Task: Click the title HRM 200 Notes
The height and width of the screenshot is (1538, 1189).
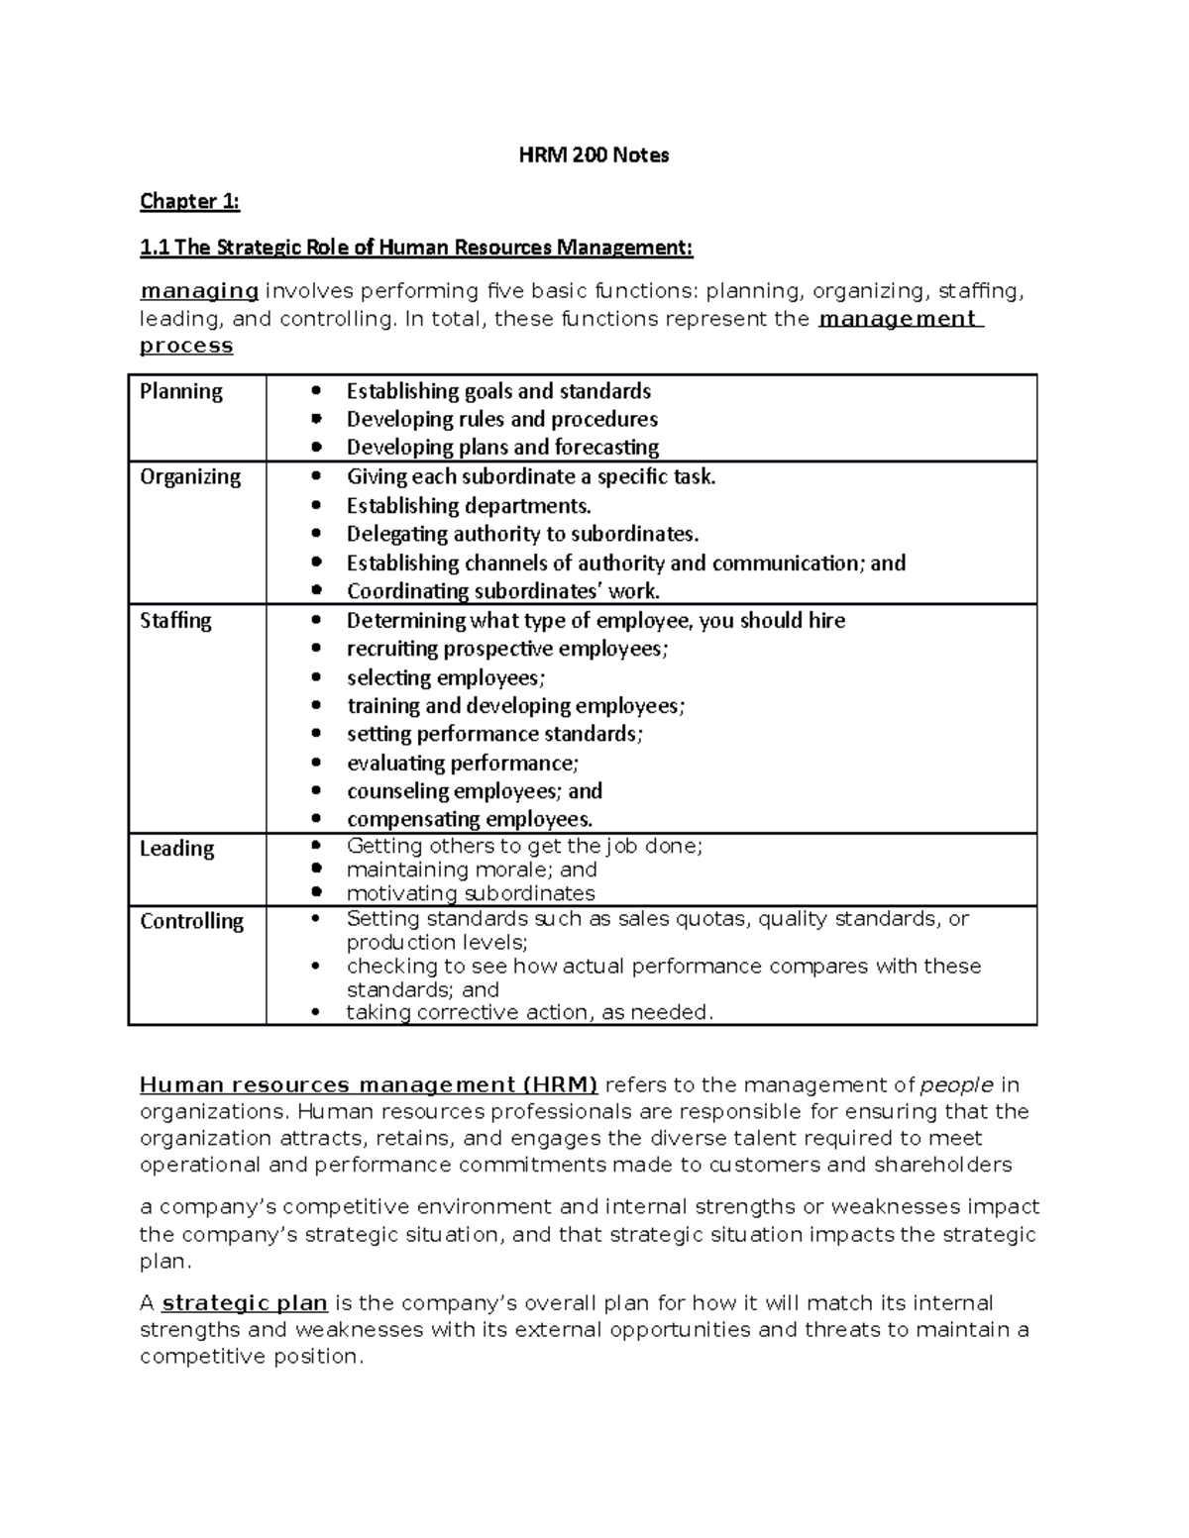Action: click(594, 154)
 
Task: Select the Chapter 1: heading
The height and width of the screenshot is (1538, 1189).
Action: click(189, 202)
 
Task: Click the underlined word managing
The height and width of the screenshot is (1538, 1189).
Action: click(199, 291)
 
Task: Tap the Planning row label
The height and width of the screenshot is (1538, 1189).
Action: click(181, 391)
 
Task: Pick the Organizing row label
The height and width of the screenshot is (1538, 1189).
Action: click(190, 476)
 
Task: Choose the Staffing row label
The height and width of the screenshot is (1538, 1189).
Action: click(175, 620)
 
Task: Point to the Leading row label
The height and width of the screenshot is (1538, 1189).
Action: click(176, 848)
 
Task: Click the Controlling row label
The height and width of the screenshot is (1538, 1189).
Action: click(191, 921)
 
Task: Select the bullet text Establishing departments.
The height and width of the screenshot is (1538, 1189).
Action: click(469, 506)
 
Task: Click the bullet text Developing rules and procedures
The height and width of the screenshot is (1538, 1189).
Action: click(501, 419)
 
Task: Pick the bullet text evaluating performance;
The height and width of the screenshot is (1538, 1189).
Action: click(463, 763)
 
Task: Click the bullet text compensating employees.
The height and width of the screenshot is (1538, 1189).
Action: click(470, 819)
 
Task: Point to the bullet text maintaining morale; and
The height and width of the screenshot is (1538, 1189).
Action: click(472, 870)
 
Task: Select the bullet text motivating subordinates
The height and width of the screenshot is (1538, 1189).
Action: click(471, 893)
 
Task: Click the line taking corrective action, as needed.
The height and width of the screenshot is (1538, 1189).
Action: click(529, 1012)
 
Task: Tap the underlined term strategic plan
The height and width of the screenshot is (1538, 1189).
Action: click(245, 1302)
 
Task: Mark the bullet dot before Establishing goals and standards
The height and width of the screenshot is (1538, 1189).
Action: click(316, 391)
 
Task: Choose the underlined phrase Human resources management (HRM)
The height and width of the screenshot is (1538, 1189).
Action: click(369, 1084)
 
